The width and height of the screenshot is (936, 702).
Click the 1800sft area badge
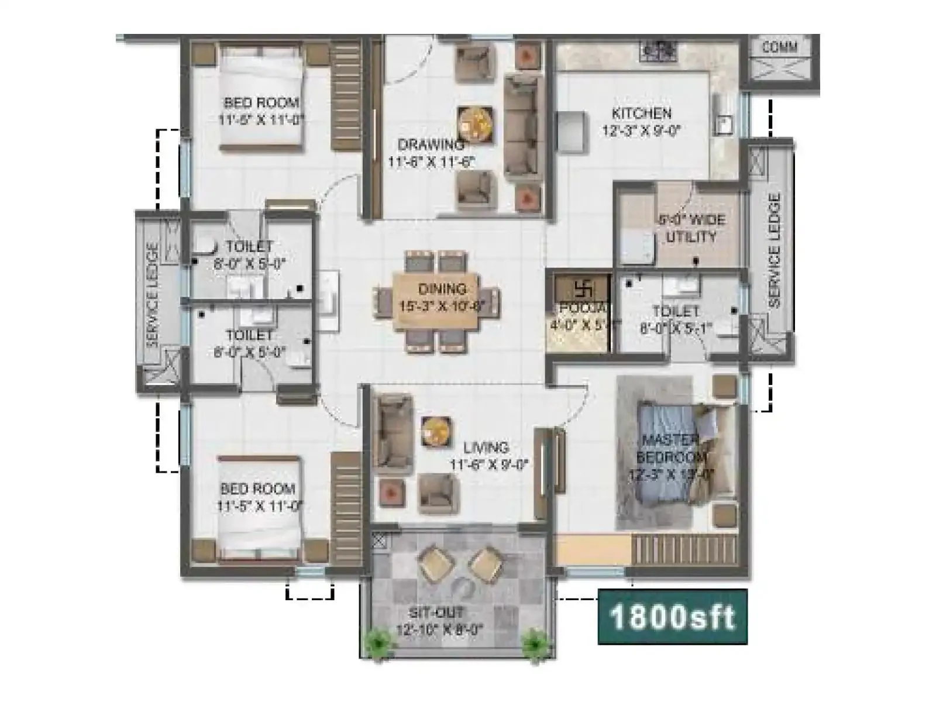672,617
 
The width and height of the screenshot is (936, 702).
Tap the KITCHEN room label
641,113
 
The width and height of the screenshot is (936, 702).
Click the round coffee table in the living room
436,431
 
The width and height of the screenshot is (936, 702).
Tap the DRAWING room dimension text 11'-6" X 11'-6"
431,161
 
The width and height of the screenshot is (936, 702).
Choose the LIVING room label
486,448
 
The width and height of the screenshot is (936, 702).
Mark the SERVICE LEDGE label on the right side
775,250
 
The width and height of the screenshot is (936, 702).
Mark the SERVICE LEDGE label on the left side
153,295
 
